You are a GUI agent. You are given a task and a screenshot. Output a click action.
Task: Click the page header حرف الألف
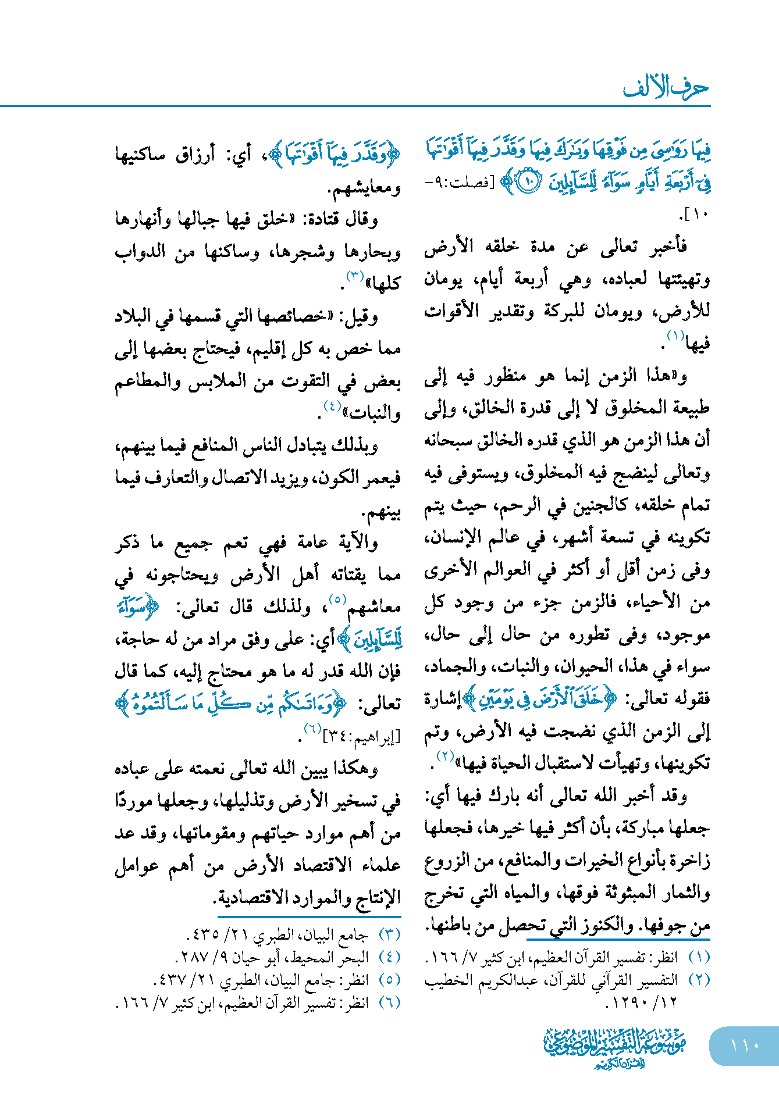tap(666, 88)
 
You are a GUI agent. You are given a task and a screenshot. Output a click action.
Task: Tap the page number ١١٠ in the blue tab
tap(745, 1045)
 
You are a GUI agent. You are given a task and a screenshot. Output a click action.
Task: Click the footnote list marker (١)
tap(699, 957)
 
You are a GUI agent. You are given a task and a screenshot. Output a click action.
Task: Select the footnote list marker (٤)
tap(389, 957)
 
